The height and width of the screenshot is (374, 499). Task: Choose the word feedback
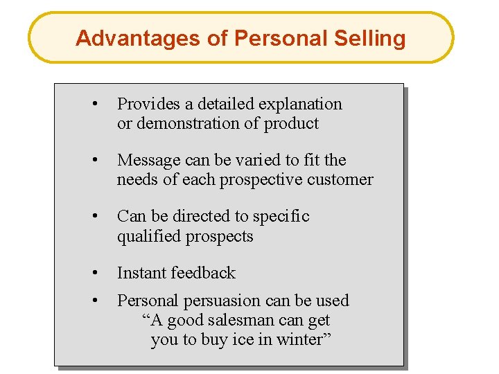coord(204,274)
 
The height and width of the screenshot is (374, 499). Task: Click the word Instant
coord(141,274)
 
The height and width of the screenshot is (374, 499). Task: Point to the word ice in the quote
coord(242,340)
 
